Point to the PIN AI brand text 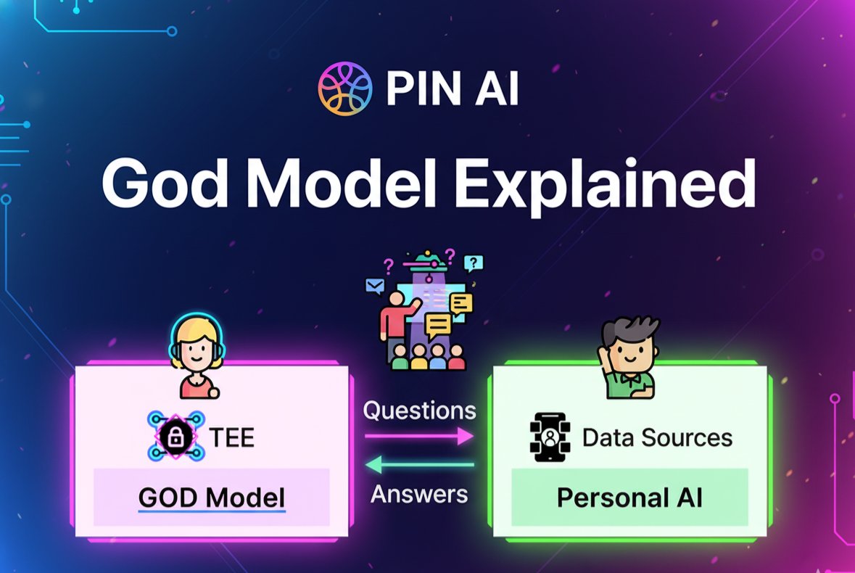pyautogui.click(x=452, y=89)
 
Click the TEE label pyautogui.click(x=231, y=438)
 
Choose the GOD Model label pyautogui.click(x=211, y=498)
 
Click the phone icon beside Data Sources pyautogui.click(x=549, y=437)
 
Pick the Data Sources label pyautogui.click(x=657, y=438)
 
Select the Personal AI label pyautogui.click(x=629, y=498)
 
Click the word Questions pyautogui.click(x=419, y=411)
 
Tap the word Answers pyautogui.click(x=419, y=494)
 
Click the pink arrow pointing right pyautogui.click(x=418, y=436)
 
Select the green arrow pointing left pyautogui.click(x=418, y=464)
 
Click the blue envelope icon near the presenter pyautogui.click(x=374, y=286)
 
